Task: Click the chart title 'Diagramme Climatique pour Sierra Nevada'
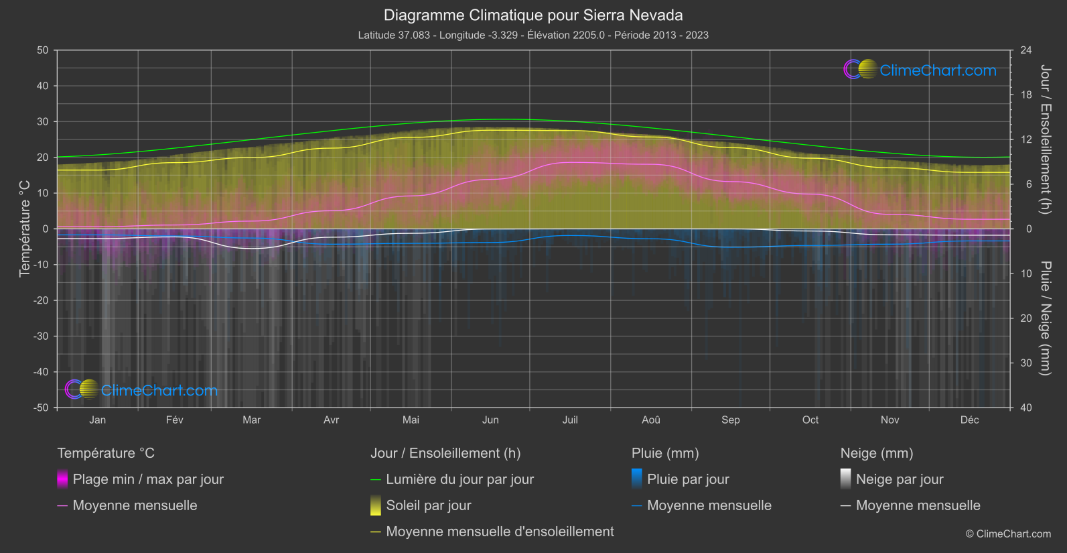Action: pos(533,15)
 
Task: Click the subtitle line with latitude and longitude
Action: pos(533,35)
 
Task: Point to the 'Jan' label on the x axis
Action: pos(98,420)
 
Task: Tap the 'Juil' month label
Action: pos(570,420)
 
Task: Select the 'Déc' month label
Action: pos(969,420)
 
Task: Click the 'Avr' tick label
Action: pos(332,420)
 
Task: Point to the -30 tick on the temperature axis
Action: pos(42,336)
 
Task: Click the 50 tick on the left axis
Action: pos(43,50)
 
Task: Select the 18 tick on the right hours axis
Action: pos(1026,95)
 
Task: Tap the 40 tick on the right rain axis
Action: pos(1026,408)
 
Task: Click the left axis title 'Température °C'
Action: pos(25,228)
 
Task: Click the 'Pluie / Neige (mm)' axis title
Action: pos(1045,318)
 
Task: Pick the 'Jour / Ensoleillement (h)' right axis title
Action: pos(1045,139)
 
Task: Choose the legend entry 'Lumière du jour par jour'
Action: pos(459,479)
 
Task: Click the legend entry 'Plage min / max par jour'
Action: pos(148,479)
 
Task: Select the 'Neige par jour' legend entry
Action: pos(900,479)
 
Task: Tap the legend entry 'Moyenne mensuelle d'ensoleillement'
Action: pos(500,532)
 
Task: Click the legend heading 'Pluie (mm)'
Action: pos(665,453)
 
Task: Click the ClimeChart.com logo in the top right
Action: pos(920,70)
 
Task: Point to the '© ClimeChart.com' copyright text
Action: pos(1008,534)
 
